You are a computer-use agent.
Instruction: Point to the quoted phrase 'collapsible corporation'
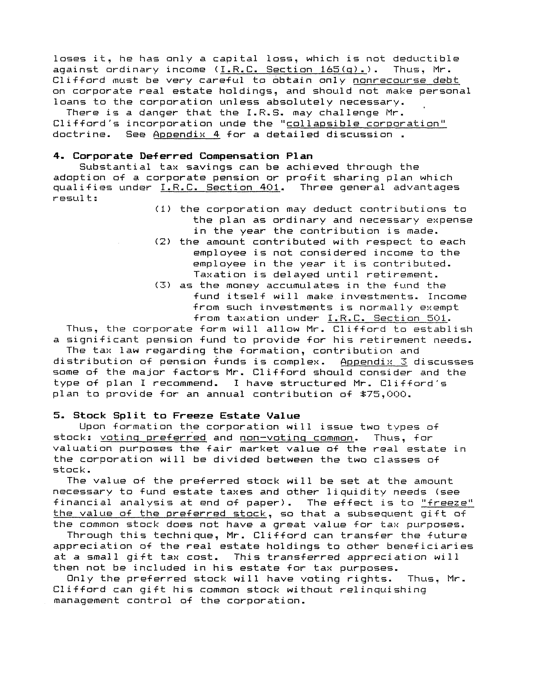click(366, 124)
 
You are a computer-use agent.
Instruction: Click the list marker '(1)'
click(163, 209)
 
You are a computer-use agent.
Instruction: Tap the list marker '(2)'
click(163, 242)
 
